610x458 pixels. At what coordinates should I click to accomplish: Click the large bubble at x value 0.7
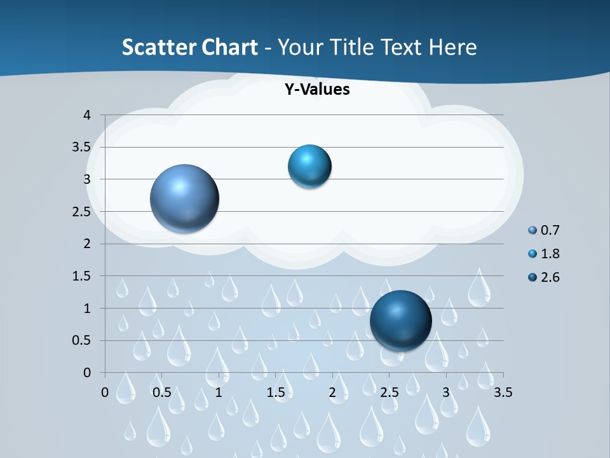click(x=184, y=198)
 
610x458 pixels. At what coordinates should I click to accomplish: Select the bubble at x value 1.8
click(x=309, y=166)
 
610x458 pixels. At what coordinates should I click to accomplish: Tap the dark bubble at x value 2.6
click(x=400, y=321)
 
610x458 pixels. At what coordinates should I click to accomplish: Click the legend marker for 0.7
click(x=532, y=230)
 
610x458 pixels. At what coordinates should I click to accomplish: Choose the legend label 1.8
click(x=550, y=254)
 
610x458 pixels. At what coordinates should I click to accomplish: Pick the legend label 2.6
click(x=550, y=277)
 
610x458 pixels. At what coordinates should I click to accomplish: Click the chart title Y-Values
click(x=316, y=90)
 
